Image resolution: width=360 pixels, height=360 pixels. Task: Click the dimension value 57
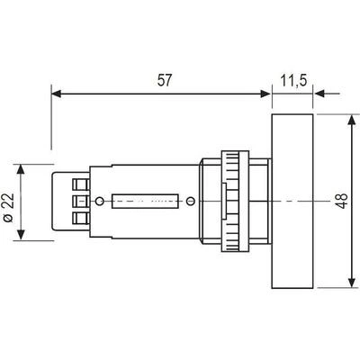click(165, 80)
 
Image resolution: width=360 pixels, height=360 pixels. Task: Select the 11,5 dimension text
click(294, 81)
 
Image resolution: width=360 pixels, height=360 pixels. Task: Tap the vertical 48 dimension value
click(342, 201)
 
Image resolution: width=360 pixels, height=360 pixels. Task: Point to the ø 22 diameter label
click(9, 208)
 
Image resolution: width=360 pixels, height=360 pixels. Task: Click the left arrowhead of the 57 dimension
click(57, 94)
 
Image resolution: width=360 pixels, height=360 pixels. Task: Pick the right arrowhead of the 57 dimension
click(265, 94)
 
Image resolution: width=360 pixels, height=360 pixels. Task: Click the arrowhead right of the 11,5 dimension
click(319, 94)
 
